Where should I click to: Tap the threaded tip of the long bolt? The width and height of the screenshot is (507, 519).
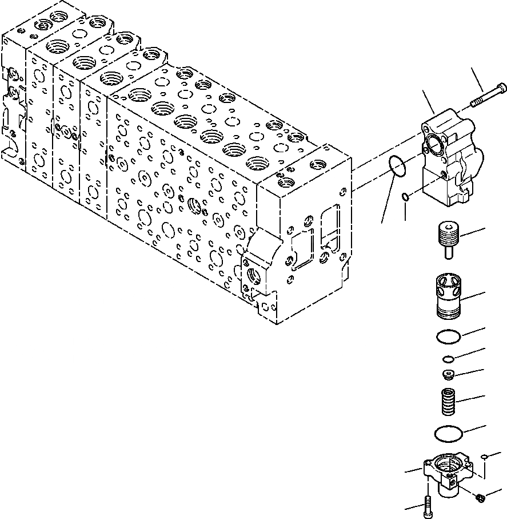pos(474,103)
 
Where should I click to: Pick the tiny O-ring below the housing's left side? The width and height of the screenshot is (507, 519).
pos(405,197)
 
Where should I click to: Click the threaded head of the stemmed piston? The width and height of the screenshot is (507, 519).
pos(448,234)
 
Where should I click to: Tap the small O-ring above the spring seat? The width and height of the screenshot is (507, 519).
pos(449,359)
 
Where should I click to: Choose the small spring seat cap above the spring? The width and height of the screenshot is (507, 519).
pos(449,375)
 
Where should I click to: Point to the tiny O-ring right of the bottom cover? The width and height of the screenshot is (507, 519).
pos(484,456)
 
